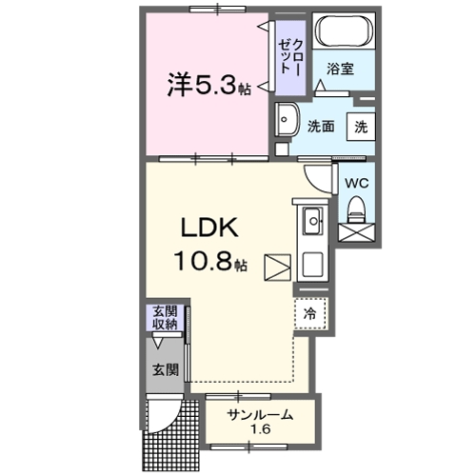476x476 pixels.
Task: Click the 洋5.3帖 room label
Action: pos(210,87)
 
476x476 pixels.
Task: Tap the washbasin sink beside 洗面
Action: pos(287,123)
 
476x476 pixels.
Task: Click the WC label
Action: pos(356,183)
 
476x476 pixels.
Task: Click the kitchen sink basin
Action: pos(312,224)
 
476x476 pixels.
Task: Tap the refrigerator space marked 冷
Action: pos(310,312)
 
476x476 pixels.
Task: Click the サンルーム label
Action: pos(260,416)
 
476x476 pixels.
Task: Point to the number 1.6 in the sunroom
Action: pos(260,431)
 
